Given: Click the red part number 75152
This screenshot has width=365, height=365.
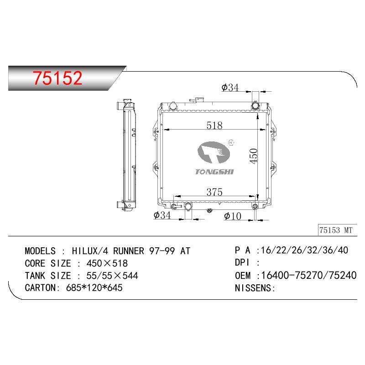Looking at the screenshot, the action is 57,78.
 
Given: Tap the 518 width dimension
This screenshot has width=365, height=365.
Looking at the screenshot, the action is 214,125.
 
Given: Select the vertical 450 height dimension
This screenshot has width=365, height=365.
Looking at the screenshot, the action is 254,156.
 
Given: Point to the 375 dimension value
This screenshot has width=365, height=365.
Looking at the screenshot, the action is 214,192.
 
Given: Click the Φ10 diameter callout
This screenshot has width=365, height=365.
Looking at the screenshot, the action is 233,216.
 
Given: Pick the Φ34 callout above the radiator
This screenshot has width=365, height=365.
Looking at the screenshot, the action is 230,88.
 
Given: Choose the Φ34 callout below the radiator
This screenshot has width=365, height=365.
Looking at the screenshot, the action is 162,215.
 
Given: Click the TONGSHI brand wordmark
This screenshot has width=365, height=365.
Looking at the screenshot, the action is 214,172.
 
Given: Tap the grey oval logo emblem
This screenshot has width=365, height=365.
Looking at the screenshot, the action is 214,152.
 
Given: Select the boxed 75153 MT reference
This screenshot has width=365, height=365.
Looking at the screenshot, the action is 336,230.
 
